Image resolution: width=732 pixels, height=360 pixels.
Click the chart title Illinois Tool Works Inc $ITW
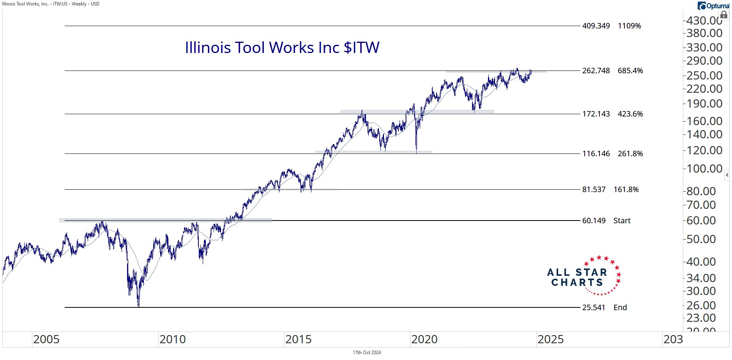point(282,48)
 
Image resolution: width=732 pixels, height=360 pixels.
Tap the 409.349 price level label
point(596,26)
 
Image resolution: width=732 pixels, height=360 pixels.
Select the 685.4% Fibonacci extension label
point(630,71)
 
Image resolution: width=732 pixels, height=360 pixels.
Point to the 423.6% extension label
point(630,114)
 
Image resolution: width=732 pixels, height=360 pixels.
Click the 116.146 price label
point(596,154)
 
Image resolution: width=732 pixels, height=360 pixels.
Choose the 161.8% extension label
point(626,189)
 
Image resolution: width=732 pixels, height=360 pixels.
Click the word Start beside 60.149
point(622,221)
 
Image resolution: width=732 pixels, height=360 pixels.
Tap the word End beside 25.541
point(620,307)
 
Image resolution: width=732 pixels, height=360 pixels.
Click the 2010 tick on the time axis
point(172,339)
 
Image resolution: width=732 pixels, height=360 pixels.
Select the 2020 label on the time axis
point(424,339)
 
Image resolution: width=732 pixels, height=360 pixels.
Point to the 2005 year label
point(46,339)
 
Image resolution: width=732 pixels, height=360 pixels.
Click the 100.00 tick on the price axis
point(704,169)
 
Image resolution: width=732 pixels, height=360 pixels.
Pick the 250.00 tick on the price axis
point(704,76)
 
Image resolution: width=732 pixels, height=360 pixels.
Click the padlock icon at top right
point(724,15)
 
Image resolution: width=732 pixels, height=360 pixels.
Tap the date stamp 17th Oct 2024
point(366,353)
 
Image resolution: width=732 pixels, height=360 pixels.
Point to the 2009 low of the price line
point(138,306)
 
